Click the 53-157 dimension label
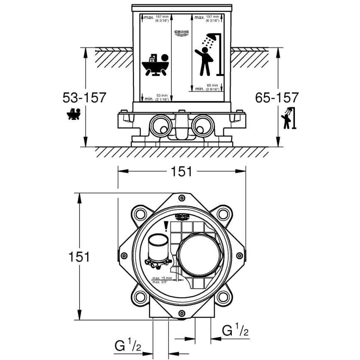pos(85,98)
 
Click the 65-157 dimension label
pos(277,98)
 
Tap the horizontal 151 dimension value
pos(181,171)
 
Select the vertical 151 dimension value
pos(78,256)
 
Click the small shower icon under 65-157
pos(289,118)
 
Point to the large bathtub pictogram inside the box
pos(154,65)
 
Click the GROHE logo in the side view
pos(182,33)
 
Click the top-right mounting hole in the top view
pos(223,214)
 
